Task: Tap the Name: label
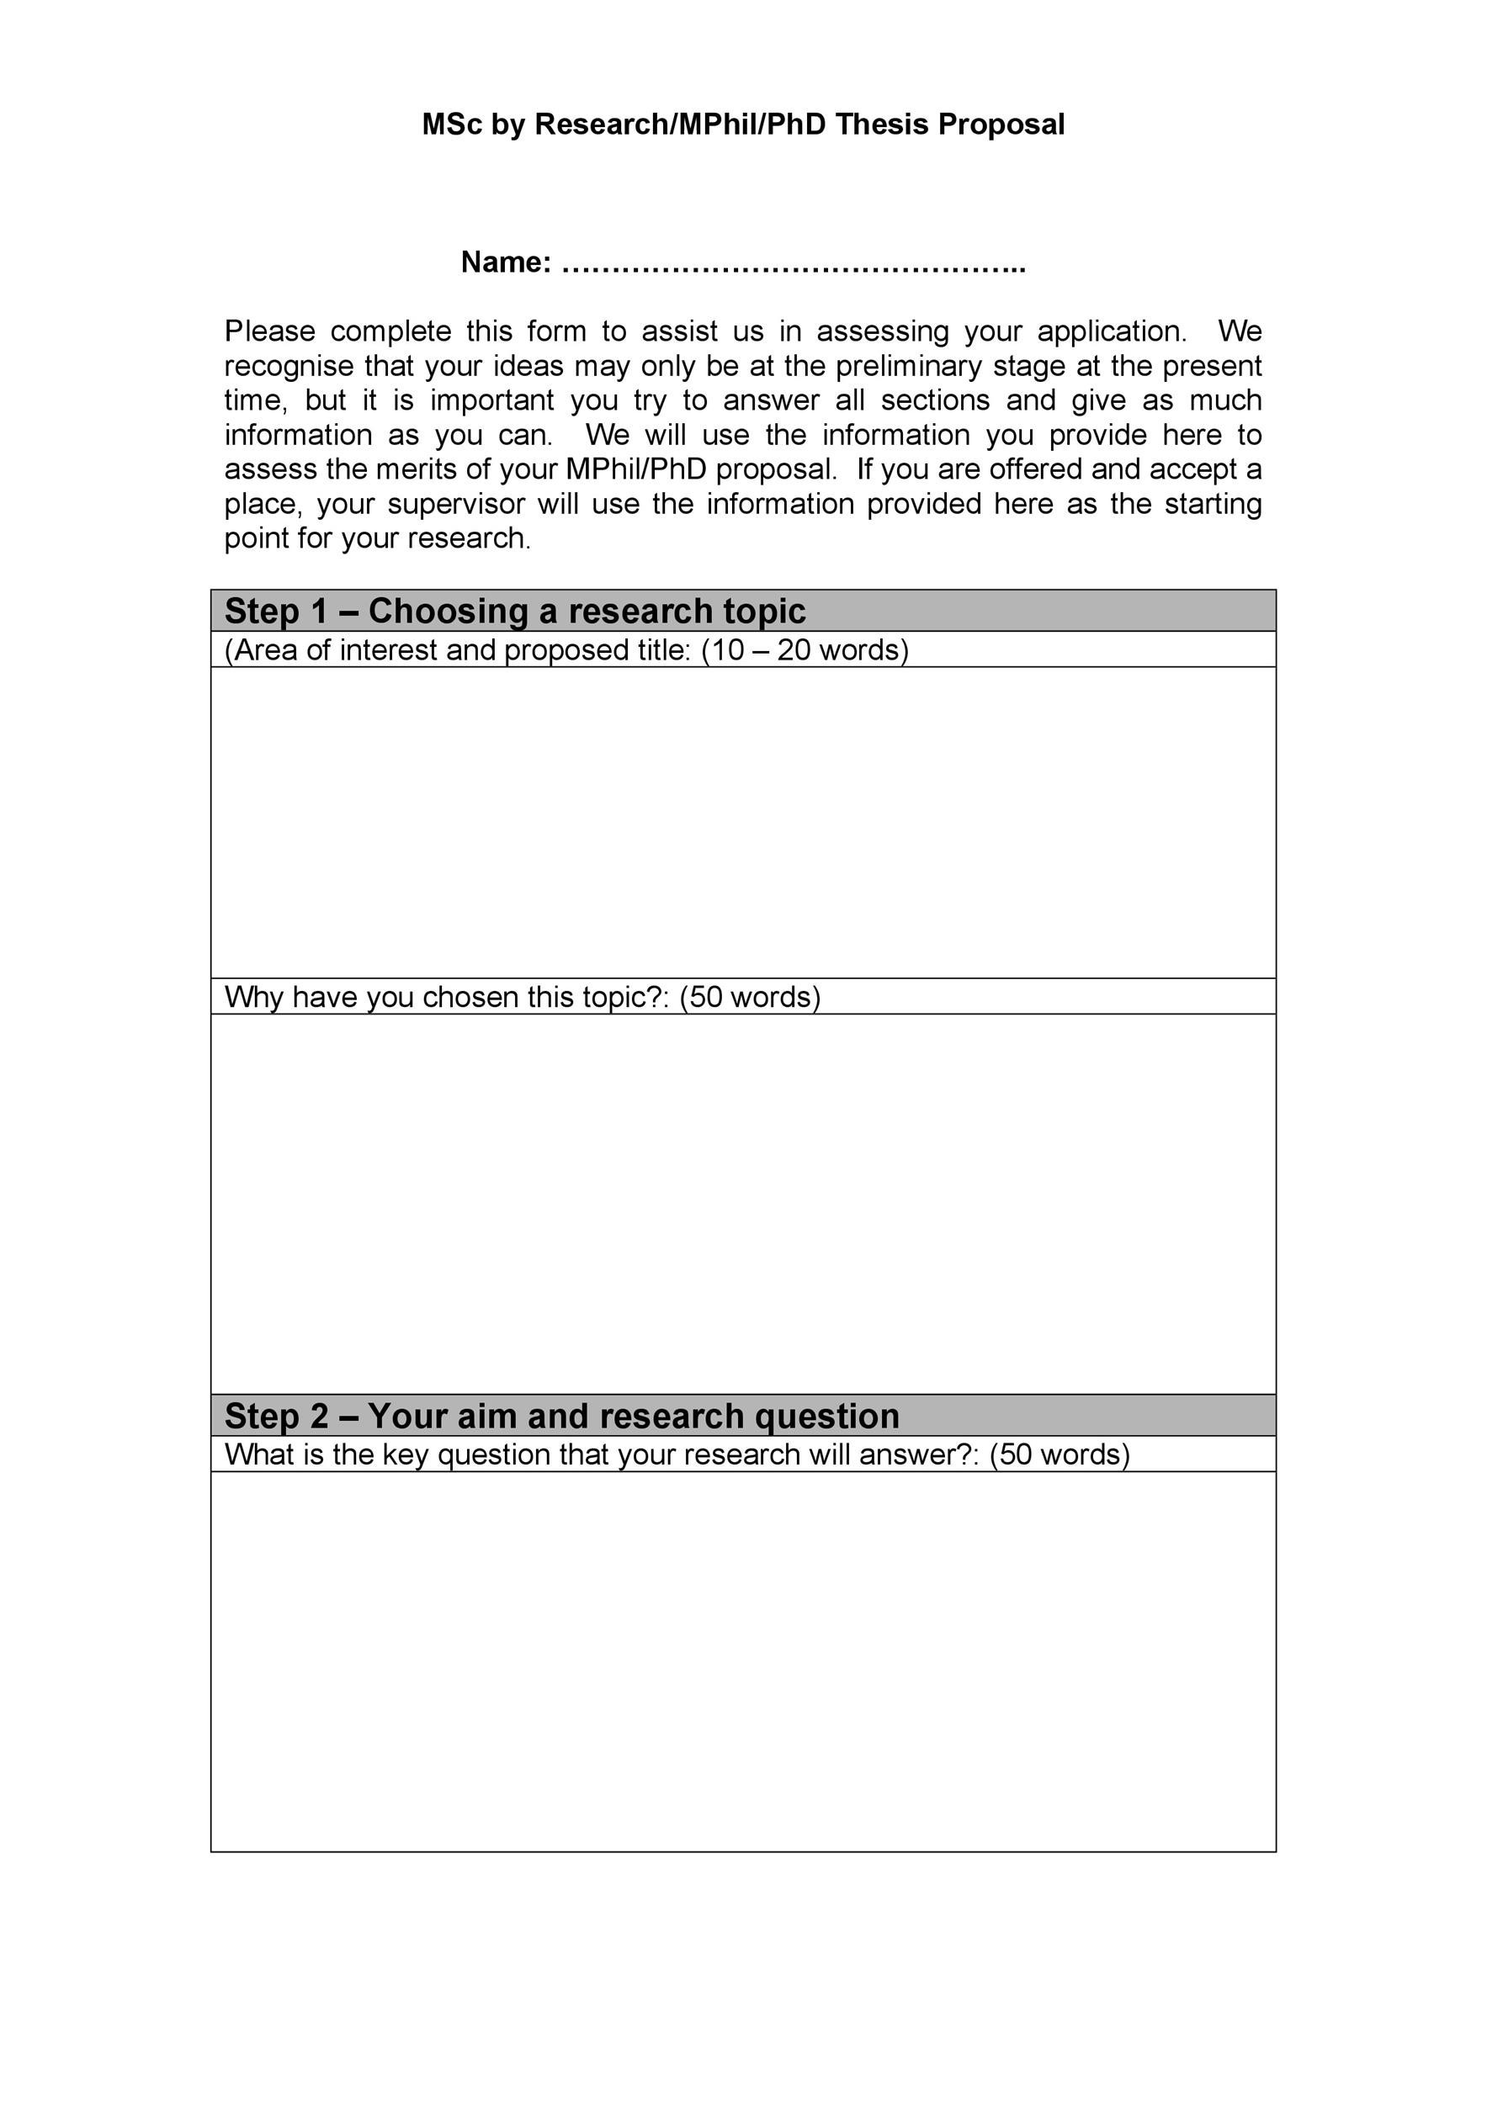(x=506, y=262)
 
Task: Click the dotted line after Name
(x=794, y=267)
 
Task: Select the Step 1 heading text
(x=514, y=611)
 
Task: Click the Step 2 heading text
(x=560, y=1416)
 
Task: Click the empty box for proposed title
(x=742, y=822)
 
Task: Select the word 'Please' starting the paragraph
(x=269, y=331)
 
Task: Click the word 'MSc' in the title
(x=451, y=124)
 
